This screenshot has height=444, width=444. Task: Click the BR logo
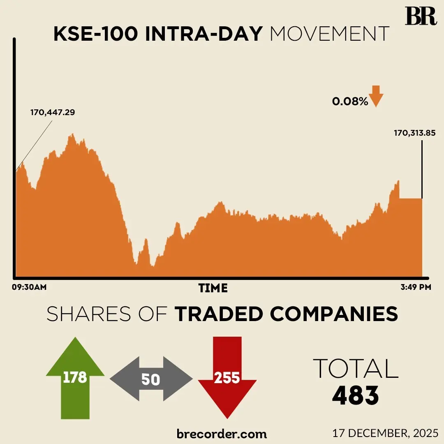[x=420, y=17]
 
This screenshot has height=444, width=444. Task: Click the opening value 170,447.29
[x=53, y=112]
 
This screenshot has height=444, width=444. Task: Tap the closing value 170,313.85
[x=415, y=133]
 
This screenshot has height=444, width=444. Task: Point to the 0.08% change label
[x=350, y=101]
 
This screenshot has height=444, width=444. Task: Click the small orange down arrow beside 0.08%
[x=376, y=96]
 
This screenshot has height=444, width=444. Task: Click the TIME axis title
[x=213, y=288]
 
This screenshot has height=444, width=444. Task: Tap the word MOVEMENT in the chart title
[x=329, y=35]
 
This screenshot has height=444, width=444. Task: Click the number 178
[x=75, y=377]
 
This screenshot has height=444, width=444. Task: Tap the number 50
[x=150, y=379]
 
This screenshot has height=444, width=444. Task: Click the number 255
[x=227, y=377]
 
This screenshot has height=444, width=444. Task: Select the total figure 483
[x=356, y=396]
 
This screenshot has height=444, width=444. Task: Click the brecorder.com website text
[x=222, y=433]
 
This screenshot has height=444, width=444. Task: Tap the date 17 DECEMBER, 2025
[x=386, y=433]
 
